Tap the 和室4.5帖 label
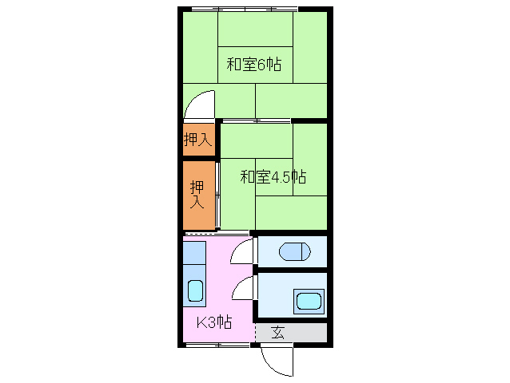273,176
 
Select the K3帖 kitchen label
214,322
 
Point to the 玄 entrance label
278,333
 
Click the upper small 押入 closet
198,140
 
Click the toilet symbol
293,251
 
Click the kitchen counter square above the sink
194,255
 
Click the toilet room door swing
242,251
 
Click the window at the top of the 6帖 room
244,9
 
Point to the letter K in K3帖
201,322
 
